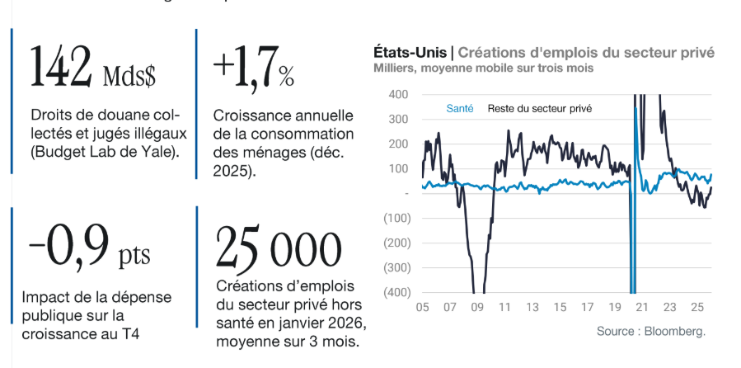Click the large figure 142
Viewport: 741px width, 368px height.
60,66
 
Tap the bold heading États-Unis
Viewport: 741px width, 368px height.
409,52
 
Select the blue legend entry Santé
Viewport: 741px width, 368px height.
459,108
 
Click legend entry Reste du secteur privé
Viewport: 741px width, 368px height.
540,108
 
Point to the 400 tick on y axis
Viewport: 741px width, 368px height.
398,94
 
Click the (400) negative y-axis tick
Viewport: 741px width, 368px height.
396,292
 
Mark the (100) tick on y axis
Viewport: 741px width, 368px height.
396,218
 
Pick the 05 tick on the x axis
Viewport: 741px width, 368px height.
422,308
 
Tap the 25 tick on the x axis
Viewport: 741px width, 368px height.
696,308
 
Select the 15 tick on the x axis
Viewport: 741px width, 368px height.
560,308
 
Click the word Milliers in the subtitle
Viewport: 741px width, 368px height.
393,68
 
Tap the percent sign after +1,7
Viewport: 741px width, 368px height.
285,78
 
